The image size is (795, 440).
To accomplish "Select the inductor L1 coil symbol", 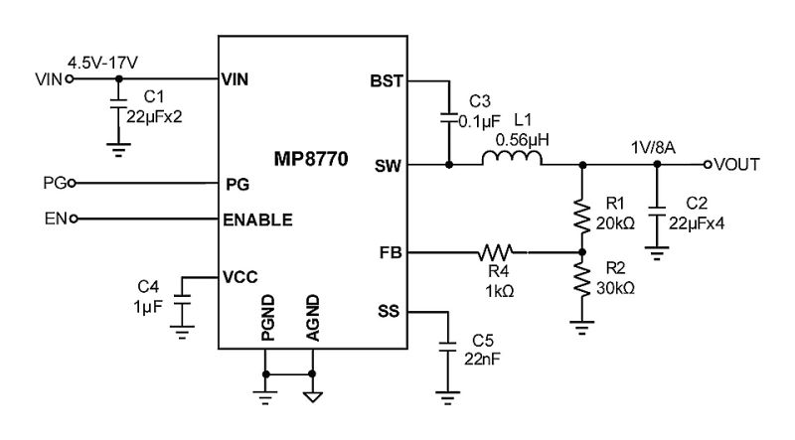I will tap(513, 160).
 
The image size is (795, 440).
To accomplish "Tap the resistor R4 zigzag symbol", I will tap(496, 252).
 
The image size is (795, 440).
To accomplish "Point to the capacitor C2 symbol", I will tap(657, 211).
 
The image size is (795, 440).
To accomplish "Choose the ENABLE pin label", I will tap(259, 220).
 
